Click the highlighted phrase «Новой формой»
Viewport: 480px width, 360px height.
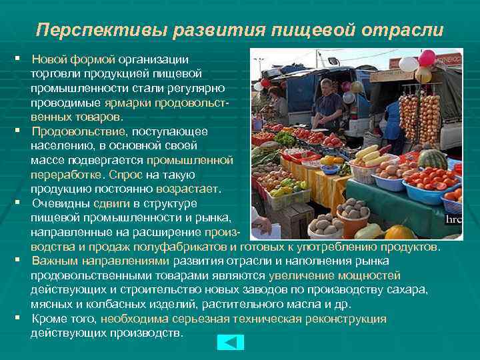tap(73, 59)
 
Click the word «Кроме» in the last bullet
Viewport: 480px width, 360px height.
tap(49, 319)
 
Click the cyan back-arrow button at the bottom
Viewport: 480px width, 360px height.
tap(231, 342)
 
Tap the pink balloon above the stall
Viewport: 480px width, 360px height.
tap(427, 59)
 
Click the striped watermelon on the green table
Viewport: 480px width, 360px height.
tap(432, 159)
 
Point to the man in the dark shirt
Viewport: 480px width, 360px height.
tap(327, 106)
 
